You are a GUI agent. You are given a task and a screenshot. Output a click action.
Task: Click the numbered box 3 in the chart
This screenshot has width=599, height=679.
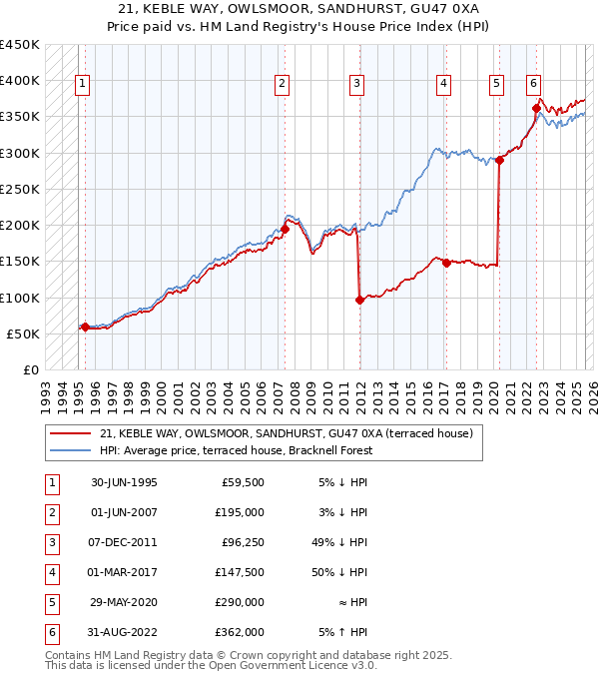pos(356,85)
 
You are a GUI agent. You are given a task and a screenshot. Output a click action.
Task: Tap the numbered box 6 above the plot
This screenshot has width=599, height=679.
pos(534,85)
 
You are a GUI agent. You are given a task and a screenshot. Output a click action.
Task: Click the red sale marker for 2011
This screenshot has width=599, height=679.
pos(359,300)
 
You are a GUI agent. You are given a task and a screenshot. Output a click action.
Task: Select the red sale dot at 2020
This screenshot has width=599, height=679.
pos(499,160)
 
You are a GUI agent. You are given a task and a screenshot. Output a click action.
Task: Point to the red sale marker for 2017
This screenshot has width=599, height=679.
pos(446,263)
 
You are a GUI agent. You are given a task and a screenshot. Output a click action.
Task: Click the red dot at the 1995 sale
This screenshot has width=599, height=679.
pos(85,327)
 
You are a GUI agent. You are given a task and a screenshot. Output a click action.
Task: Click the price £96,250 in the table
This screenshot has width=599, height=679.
pos(241,542)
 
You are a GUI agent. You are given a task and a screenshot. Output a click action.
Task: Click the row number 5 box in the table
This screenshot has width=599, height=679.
pos(50,602)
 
